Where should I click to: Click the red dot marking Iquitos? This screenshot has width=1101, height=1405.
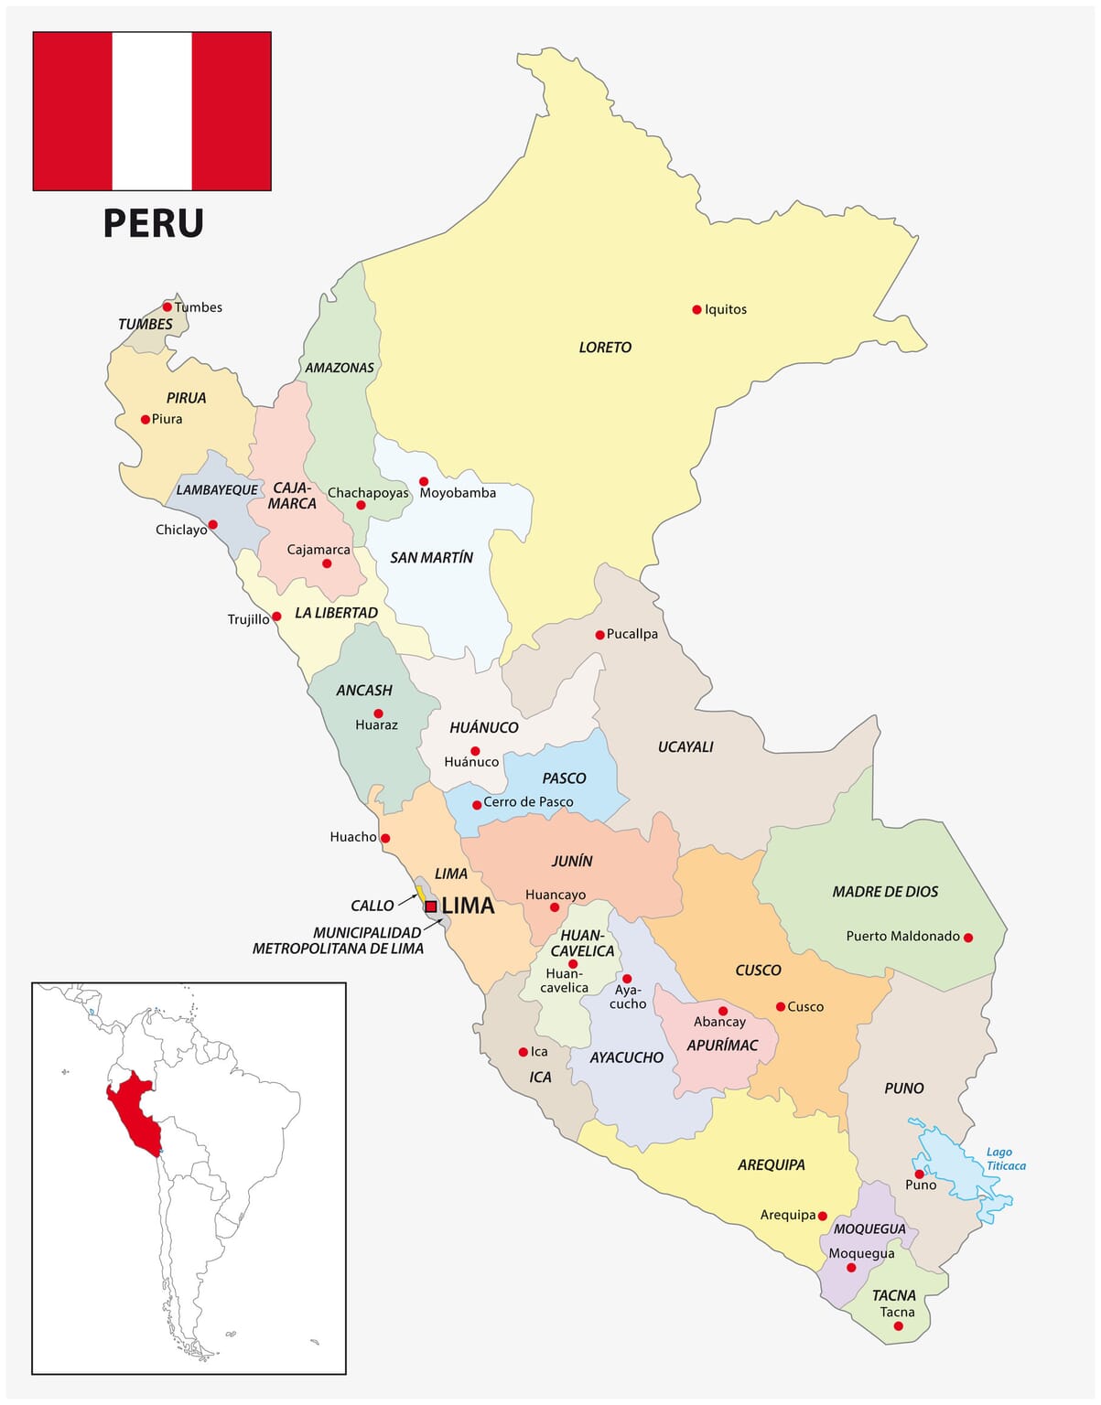[x=696, y=310]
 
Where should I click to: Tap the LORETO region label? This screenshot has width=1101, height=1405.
[x=605, y=348]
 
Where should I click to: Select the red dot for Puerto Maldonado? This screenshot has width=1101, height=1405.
[x=968, y=938]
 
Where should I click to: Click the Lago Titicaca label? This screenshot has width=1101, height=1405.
[x=1005, y=1159]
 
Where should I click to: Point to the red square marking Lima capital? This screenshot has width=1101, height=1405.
[x=430, y=906]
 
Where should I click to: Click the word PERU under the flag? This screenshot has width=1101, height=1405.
[x=153, y=223]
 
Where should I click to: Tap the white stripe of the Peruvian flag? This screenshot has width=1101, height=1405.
[x=152, y=111]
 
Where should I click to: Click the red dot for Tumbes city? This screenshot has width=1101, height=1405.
[x=167, y=307]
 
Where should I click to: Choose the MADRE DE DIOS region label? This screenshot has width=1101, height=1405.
[x=885, y=892]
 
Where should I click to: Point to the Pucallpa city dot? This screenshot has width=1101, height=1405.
[x=599, y=635]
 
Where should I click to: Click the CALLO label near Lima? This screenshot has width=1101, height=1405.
[x=372, y=906]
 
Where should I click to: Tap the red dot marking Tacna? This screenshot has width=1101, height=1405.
[x=898, y=1326]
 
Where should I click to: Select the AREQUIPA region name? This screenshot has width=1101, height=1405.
[x=771, y=1164]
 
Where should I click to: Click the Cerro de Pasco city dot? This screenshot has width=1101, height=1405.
[x=477, y=806]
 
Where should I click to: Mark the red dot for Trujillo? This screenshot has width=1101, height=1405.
[x=276, y=617]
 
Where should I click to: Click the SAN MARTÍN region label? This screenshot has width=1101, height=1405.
[x=431, y=558]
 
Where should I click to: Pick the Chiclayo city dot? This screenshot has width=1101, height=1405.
[x=212, y=525]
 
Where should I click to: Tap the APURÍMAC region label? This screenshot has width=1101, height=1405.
[x=722, y=1046]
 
